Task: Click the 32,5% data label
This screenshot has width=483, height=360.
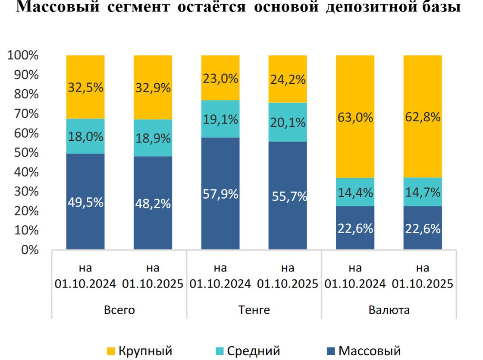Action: tap(85, 88)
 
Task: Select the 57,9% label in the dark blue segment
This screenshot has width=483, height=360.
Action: tap(220, 194)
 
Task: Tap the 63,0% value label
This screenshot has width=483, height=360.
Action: tap(355, 117)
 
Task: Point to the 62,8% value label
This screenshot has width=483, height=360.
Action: tap(423, 117)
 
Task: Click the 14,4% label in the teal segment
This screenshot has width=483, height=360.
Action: tap(355, 193)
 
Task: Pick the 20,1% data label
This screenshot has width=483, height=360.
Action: tap(288, 123)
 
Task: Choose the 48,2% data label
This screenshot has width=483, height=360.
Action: tap(153, 204)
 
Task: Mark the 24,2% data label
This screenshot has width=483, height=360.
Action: tap(288, 79)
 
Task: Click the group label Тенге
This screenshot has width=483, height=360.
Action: tap(254, 310)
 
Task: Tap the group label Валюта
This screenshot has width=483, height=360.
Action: tap(389, 310)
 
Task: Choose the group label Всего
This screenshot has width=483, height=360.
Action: tap(119, 310)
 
